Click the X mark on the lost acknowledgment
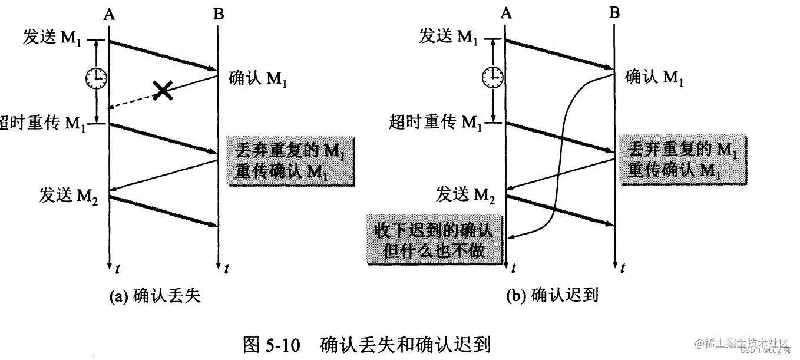(163, 90)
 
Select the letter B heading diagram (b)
(614, 13)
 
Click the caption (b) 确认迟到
(552, 295)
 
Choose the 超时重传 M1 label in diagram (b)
(437, 122)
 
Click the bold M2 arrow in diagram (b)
(560, 210)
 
